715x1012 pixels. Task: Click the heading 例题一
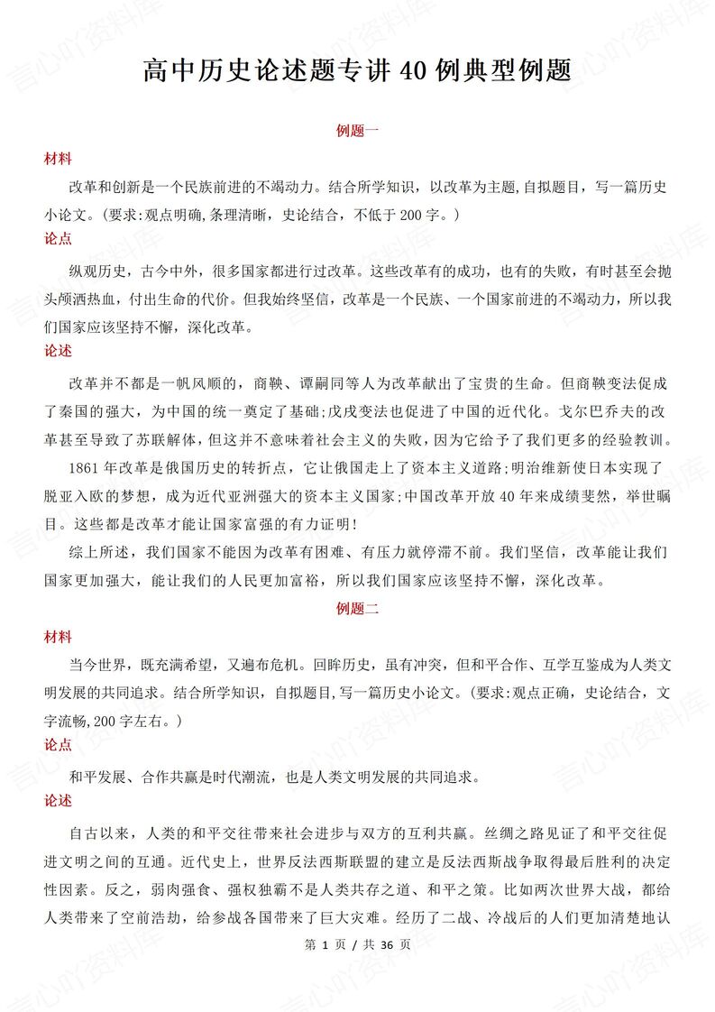357,131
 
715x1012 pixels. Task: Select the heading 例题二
357,609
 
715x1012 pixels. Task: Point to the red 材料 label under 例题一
59,159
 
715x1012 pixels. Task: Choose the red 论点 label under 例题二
59,745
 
